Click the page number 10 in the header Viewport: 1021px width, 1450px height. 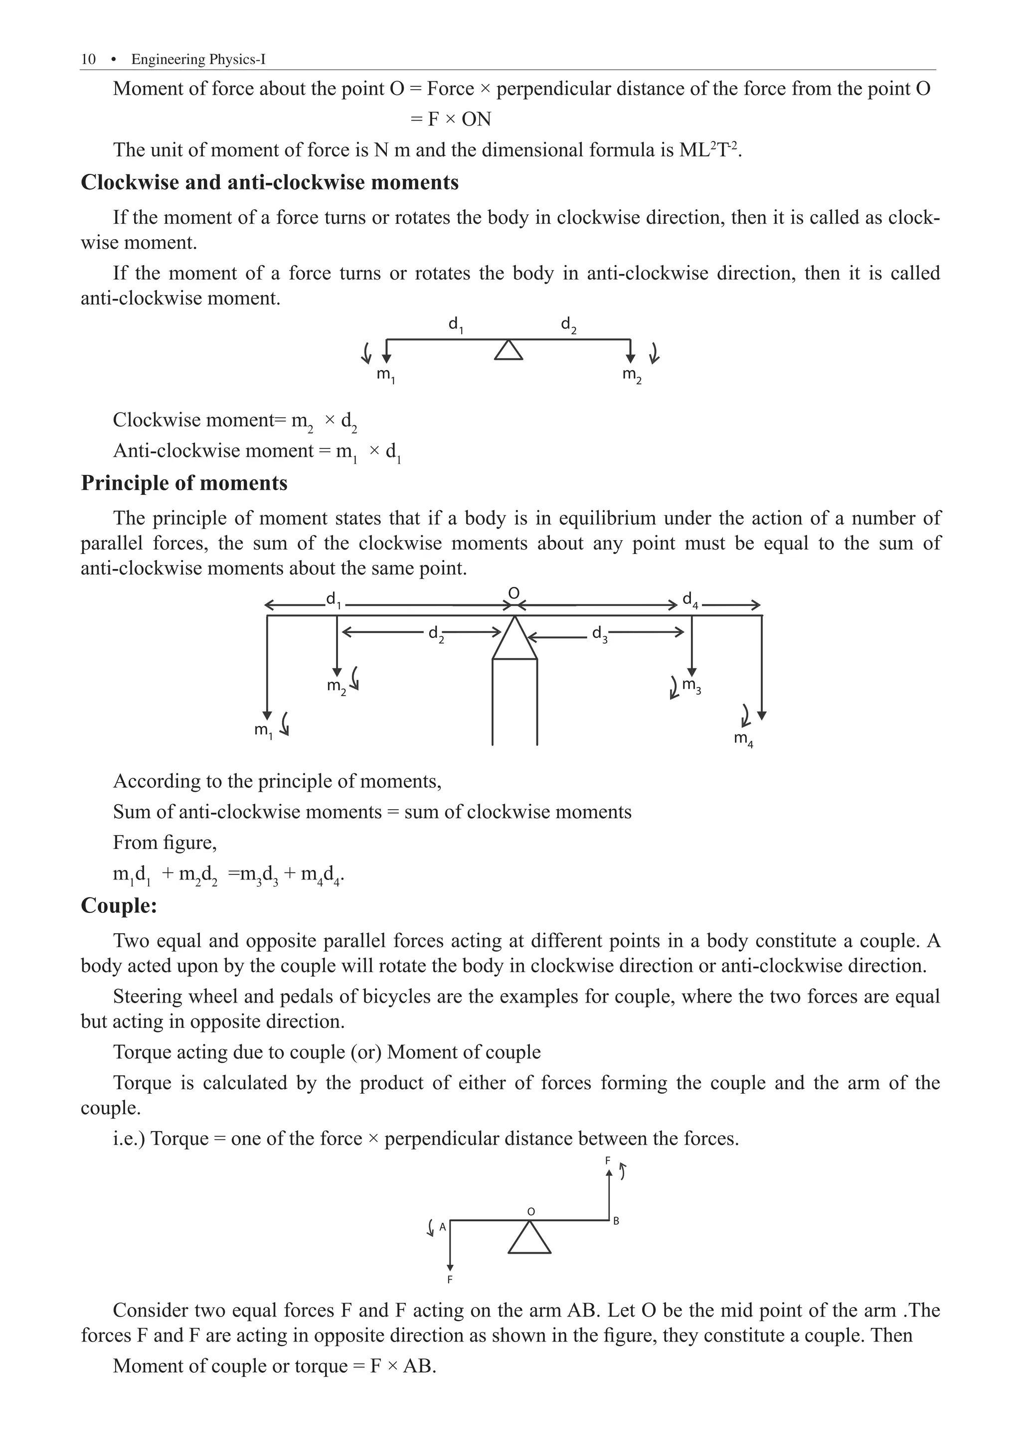point(88,59)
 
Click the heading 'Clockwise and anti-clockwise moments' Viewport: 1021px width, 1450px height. point(270,182)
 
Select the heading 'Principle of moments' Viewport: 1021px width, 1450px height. point(184,483)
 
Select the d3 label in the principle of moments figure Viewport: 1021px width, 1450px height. point(599,633)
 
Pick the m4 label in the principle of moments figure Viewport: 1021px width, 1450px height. point(743,739)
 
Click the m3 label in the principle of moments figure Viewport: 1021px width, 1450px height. point(691,686)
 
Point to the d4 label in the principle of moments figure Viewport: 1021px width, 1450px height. point(690,600)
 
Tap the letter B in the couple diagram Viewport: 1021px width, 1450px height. point(616,1221)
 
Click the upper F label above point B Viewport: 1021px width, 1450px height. point(608,1160)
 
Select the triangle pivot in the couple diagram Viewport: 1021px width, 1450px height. point(529,1238)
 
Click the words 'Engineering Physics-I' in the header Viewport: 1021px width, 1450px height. point(198,59)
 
